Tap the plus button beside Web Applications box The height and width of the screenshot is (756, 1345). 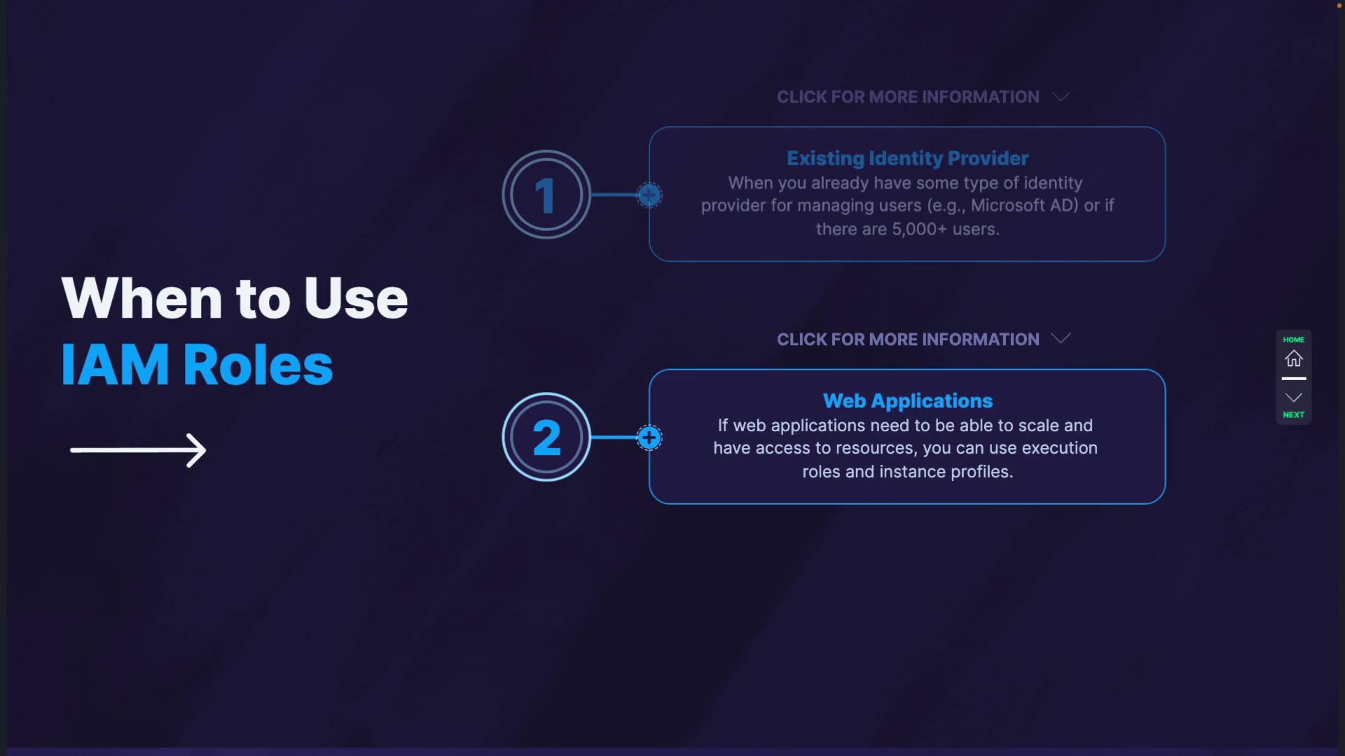click(649, 438)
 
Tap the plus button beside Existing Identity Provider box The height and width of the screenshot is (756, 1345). click(649, 195)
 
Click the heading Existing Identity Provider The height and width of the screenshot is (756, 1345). click(907, 159)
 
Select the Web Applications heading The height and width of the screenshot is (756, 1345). click(908, 401)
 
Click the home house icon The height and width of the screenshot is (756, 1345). click(1294, 358)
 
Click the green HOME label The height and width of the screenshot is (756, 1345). click(1294, 339)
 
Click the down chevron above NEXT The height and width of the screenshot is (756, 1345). click(1294, 398)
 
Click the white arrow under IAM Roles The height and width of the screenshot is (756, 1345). click(138, 450)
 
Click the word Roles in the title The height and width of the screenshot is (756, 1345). click(258, 365)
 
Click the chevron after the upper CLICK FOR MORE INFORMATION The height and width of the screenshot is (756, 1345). click(1061, 97)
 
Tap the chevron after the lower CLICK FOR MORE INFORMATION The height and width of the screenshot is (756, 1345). click(1061, 339)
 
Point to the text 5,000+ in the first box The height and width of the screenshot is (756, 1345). click(919, 230)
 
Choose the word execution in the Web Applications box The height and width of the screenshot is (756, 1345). click(1060, 448)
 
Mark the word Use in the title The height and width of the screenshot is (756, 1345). click(356, 298)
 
